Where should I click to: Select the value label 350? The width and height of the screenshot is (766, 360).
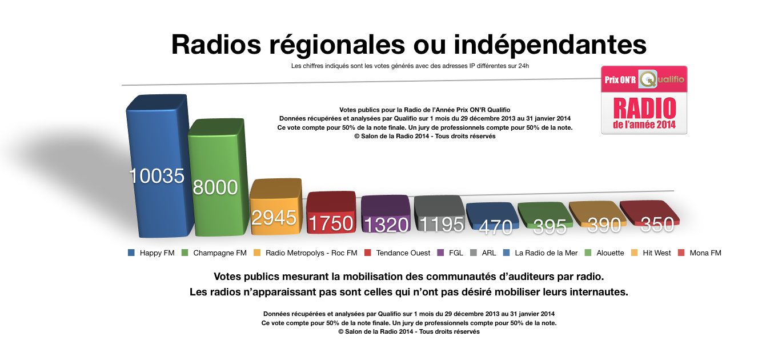click(x=657, y=225)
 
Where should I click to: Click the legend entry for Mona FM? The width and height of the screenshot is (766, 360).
click(x=705, y=253)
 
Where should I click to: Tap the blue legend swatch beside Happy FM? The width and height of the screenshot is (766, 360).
click(x=131, y=253)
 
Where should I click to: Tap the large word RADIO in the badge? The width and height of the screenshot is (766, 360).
click(x=644, y=108)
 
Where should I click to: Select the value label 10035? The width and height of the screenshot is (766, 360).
click(x=157, y=176)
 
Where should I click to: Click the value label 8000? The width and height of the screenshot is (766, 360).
click(x=215, y=187)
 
